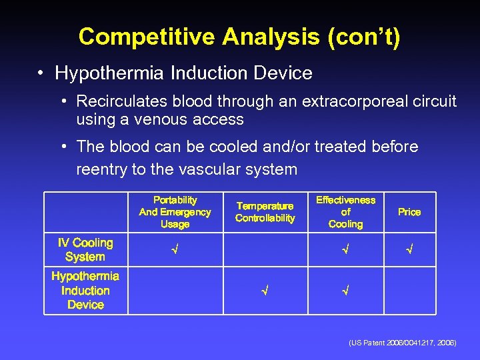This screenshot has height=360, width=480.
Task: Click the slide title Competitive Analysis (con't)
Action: point(239,37)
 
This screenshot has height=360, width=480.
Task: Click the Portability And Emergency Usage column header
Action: point(175,212)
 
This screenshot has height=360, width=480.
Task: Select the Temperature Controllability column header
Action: point(265,212)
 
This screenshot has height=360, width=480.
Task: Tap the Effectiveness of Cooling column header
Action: point(345,212)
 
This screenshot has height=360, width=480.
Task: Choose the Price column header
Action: point(409,212)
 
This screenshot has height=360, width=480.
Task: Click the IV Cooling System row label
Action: point(85,250)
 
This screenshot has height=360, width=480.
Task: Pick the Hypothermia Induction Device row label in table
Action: point(85,291)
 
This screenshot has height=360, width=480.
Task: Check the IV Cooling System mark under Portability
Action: point(175,250)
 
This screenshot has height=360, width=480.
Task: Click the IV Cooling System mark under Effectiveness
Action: point(345,250)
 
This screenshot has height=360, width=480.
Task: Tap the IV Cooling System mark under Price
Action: point(409,250)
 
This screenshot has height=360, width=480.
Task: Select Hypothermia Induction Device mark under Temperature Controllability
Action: point(265,291)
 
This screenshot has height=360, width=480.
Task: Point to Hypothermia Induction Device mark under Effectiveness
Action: point(345,291)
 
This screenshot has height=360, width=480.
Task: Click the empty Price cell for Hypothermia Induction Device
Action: point(409,291)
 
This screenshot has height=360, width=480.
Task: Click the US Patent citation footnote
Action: point(402,342)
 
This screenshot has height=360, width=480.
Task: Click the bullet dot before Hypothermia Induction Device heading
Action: point(41,73)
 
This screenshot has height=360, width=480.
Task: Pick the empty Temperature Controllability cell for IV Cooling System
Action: point(265,250)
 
